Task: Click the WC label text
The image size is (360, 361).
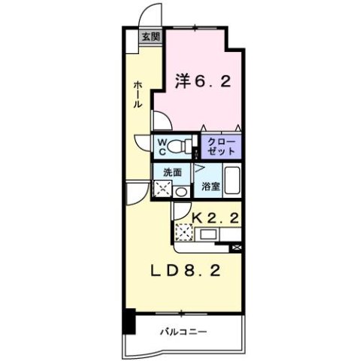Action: point(161,143)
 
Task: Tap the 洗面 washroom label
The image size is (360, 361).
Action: point(173,171)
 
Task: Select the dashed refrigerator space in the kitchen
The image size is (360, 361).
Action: point(183,232)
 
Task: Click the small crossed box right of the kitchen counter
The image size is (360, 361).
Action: point(237,247)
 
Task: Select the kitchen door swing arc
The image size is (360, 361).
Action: point(134,193)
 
